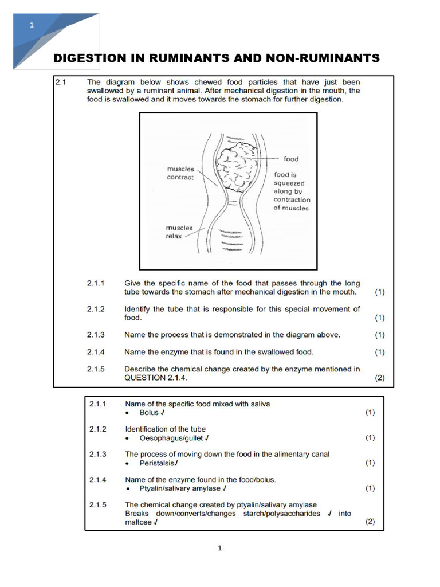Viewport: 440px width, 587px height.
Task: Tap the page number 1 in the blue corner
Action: click(32, 25)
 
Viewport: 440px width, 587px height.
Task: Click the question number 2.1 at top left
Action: click(61, 82)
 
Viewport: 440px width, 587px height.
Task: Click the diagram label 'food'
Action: click(291, 159)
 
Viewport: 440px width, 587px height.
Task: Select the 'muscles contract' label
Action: click(180, 173)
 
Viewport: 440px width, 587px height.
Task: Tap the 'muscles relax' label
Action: click(179, 232)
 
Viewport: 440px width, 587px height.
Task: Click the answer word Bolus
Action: click(149, 412)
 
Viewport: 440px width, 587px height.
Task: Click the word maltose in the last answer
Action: click(138, 522)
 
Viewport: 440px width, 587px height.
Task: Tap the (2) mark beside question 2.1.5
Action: click(379, 378)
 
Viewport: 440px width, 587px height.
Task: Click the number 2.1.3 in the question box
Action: click(96, 335)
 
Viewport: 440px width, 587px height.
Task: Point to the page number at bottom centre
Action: click(219, 548)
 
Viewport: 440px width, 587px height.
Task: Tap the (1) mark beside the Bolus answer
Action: click(370, 412)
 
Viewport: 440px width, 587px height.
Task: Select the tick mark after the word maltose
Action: click(155, 522)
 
